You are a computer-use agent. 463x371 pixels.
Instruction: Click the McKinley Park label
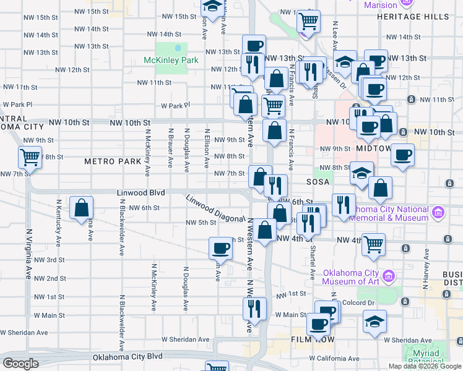tap(170, 61)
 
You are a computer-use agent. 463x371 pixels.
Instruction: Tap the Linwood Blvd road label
tap(141, 194)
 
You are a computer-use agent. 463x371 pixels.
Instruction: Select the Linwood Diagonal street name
tap(216, 210)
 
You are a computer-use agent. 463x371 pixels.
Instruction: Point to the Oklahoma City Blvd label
tap(128, 357)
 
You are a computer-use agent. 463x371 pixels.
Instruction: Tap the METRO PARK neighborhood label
tap(113, 161)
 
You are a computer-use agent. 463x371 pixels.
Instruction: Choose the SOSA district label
tap(320, 183)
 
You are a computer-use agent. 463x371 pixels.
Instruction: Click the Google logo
tap(20, 364)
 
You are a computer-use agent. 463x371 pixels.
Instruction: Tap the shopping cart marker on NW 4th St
tap(373, 244)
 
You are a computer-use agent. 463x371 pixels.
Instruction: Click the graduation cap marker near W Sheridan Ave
tap(374, 322)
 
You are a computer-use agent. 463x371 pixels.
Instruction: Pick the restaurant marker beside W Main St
tap(254, 308)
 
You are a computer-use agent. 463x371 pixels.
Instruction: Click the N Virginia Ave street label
tap(28, 254)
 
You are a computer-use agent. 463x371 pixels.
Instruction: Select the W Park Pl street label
tap(18, 105)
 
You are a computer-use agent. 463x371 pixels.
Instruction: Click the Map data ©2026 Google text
tap(425, 366)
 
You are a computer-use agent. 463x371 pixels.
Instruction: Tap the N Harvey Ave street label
tap(426, 279)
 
